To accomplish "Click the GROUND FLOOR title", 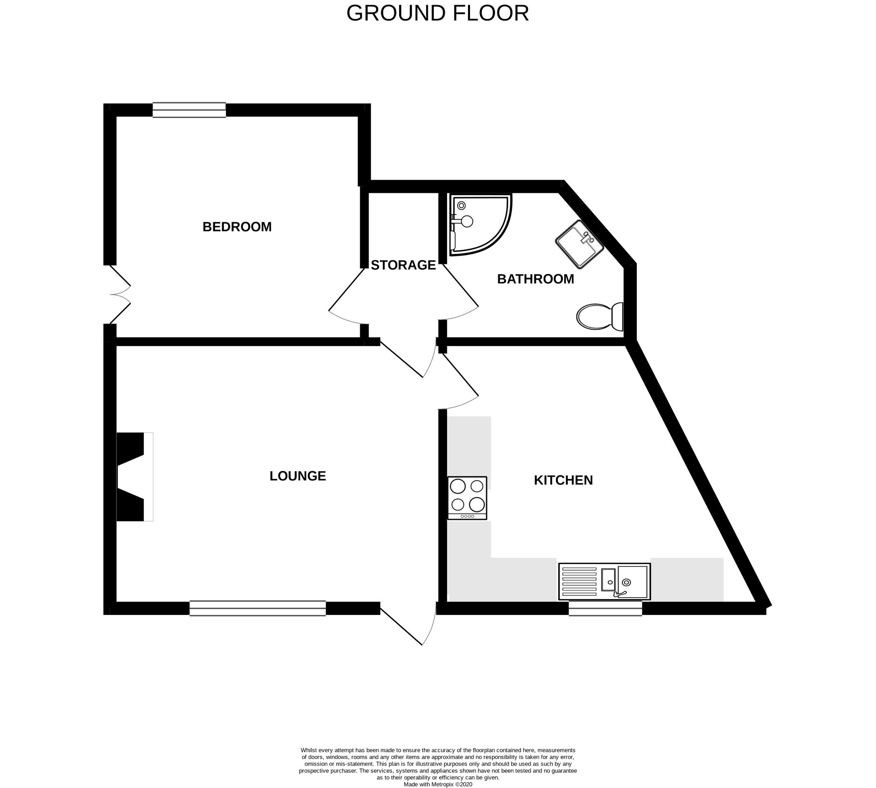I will [x=438, y=13].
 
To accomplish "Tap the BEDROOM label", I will [x=237, y=227].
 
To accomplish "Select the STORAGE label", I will [x=403, y=265].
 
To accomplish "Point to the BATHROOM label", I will [x=536, y=279].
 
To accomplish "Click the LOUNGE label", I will [x=298, y=476].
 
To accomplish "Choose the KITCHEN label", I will [x=563, y=480].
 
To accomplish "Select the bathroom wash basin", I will [x=580, y=244].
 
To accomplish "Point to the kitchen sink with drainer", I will [x=604, y=581].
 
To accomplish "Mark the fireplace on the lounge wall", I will [x=134, y=476].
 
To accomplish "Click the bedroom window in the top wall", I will [x=189, y=110].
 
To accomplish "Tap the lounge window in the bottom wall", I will [x=258, y=608].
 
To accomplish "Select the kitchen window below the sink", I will [x=605, y=608].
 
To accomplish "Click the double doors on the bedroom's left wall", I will [x=119, y=295].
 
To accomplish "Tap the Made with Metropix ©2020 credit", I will [x=438, y=784].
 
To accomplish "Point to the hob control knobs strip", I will [x=467, y=516].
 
